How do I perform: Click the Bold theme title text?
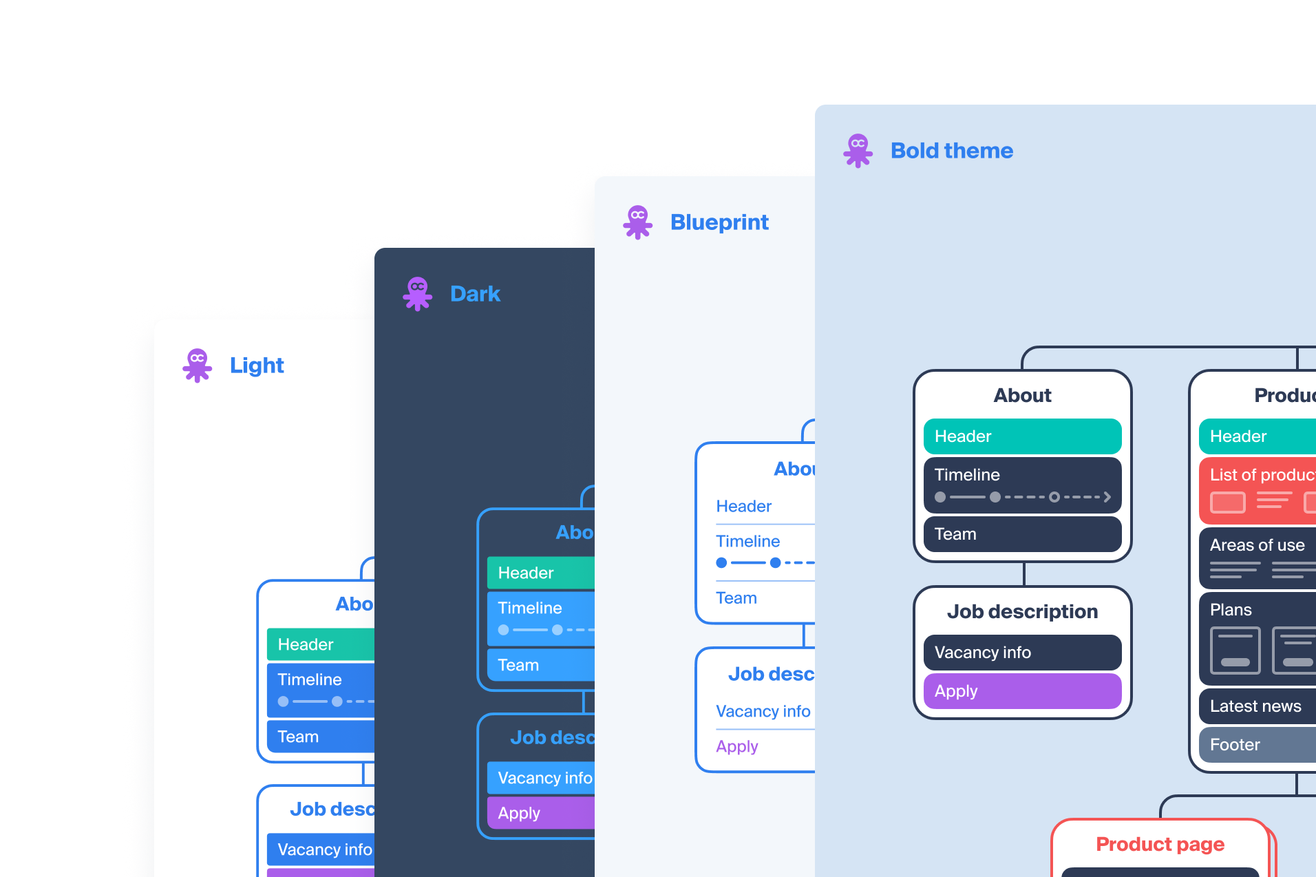[x=951, y=151]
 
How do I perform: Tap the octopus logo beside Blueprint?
[x=637, y=222]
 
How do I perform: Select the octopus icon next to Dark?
[x=417, y=293]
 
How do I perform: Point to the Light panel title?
[x=256, y=366]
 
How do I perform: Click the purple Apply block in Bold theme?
[x=1022, y=691]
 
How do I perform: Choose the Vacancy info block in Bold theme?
[x=1022, y=653]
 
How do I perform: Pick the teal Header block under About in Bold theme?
[x=1022, y=436]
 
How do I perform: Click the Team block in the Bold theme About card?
[x=1022, y=534]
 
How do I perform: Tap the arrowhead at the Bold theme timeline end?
[x=1107, y=497]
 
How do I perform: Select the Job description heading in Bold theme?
[x=1022, y=611]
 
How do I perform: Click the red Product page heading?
[x=1160, y=844]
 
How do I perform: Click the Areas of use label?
[x=1257, y=545]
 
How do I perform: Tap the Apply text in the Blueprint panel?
[x=736, y=747]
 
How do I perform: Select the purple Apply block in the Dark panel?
[x=541, y=813]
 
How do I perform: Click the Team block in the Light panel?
[x=321, y=737]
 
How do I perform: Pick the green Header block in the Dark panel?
[x=541, y=573]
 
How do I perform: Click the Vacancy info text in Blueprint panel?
[x=763, y=711]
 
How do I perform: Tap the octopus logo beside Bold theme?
[x=858, y=151]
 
